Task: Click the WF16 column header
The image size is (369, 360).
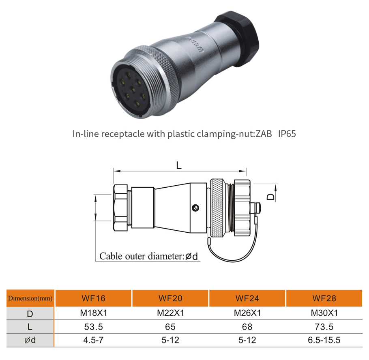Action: pos(93,298)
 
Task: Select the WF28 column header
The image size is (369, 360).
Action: pos(324,298)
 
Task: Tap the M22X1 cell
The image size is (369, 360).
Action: pos(170,313)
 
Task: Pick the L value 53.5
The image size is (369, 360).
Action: pos(93,327)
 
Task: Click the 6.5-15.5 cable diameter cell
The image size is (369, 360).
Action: pos(324,340)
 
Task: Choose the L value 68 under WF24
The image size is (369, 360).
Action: pos(247,327)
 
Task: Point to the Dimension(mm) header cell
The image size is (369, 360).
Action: pos(30,298)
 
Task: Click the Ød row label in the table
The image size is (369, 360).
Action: pos(30,340)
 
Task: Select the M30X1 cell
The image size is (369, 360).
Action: pos(324,313)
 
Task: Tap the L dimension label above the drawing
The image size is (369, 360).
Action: pos(179,165)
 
